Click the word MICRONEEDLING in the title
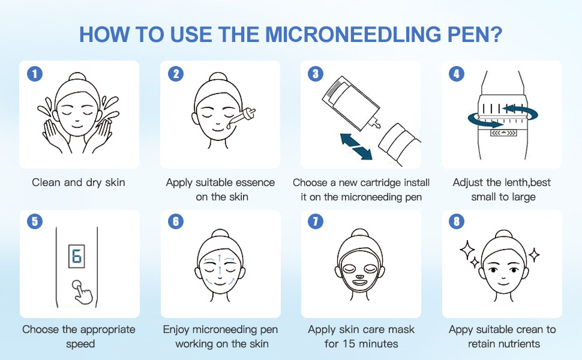(x=352, y=34)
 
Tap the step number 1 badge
(x=35, y=74)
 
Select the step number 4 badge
(x=457, y=74)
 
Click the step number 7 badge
(x=316, y=221)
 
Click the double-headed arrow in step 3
(x=356, y=147)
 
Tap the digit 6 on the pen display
(x=77, y=256)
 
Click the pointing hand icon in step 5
(x=82, y=292)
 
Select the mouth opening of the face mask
(x=359, y=283)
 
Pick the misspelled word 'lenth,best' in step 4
(x=527, y=182)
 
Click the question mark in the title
(x=495, y=34)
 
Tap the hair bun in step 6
(x=220, y=233)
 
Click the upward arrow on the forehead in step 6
(x=220, y=259)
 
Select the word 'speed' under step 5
(x=80, y=344)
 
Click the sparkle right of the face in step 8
(x=534, y=255)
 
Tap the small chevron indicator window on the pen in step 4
(x=503, y=133)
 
